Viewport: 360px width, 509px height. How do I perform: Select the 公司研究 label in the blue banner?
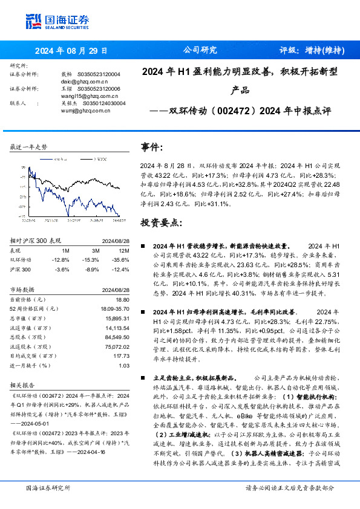(x=200, y=51)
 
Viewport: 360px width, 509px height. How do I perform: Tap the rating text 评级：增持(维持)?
(x=312, y=51)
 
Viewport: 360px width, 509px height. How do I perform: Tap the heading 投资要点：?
(x=160, y=222)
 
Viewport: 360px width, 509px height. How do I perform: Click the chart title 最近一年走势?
(x=29, y=148)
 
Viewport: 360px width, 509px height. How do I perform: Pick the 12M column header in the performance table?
(x=125, y=250)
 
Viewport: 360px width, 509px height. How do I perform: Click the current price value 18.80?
(x=123, y=299)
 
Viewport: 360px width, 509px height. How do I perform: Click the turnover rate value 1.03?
(x=125, y=366)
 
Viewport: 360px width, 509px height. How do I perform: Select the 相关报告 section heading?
(x=24, y=384)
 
